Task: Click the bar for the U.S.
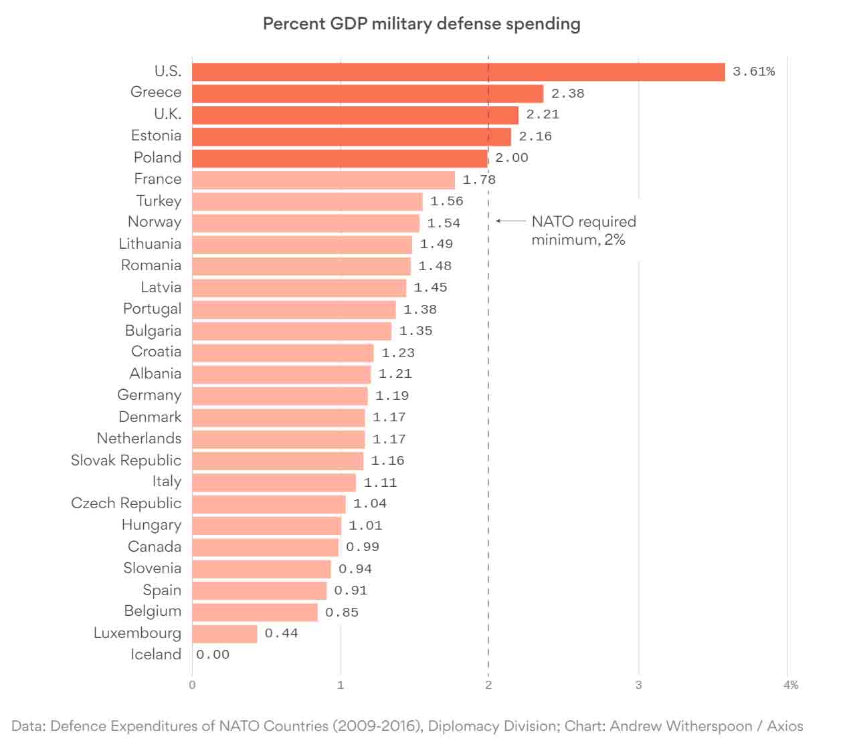coord(458,72)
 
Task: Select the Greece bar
coord(367,94)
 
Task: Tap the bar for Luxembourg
coord(225,633)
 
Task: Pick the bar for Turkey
coord(307,201)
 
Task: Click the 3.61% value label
coord(753,72)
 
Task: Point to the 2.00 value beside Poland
coord(512,158)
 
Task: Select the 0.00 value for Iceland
coord(213,655)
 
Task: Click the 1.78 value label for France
coord(479,180)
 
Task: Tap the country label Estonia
coord(156,136)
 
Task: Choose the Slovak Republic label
coord(126,460)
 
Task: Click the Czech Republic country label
coord(126,503)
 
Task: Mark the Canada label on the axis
coord(155,546)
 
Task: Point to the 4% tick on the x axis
coord(790,685)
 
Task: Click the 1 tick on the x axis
coord(341,685)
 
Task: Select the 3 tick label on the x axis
coord(638,685)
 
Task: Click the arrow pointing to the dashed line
coord(510,221)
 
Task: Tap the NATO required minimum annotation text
coord(583,231)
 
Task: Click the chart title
coord(421,24)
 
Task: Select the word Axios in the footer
coord(785,726)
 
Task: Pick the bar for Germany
coord(280,396)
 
